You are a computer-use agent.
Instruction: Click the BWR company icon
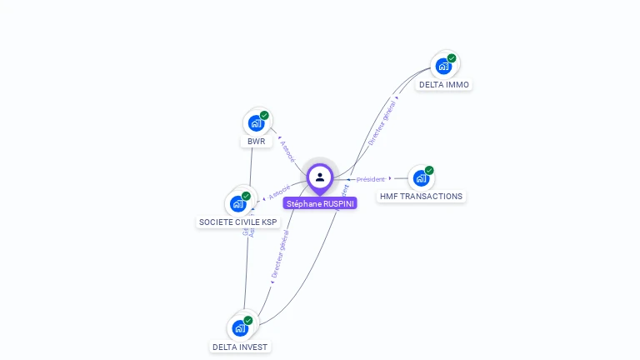256,123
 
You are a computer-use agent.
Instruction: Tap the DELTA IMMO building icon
443,66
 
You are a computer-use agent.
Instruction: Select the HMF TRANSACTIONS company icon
421,177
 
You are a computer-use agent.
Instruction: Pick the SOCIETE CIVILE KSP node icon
237,203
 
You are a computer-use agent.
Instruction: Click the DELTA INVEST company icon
240,327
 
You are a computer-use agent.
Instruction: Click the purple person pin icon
320,177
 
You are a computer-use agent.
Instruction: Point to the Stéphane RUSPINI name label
320,203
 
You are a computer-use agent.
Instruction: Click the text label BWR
256,142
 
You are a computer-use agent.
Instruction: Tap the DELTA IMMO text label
444,85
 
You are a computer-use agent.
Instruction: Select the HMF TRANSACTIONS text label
421,197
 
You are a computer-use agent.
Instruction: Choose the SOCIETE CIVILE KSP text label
237,222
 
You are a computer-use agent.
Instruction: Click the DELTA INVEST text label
241,347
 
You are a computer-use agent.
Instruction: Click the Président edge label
371,179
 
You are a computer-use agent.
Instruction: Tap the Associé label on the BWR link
287,151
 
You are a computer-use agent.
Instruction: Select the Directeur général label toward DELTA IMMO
382,122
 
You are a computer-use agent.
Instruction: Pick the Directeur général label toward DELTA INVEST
280,254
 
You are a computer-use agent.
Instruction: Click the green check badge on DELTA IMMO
452,58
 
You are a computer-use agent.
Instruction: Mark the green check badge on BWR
264,116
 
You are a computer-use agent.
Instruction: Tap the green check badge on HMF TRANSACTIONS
429,170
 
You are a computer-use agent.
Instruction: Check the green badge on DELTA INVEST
248,320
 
